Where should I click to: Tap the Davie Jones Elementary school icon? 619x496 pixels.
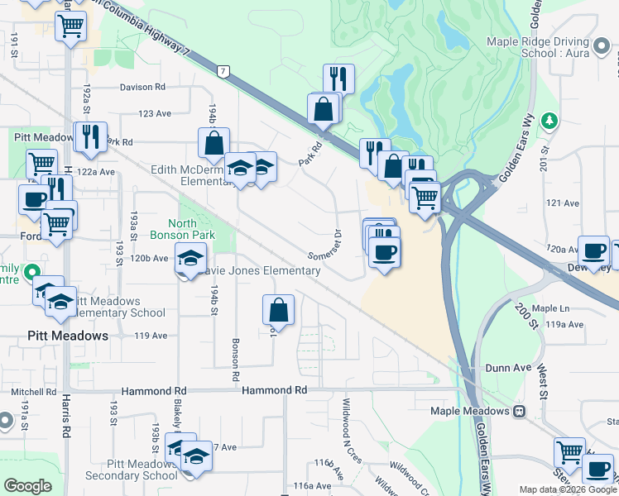click(190, 260)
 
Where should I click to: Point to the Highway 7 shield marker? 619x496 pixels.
click(223, 72)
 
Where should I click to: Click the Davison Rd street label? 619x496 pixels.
click(142, 87)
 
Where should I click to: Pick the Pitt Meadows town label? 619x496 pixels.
click(68, 336)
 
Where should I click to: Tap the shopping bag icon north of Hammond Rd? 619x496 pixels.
click(279, 311)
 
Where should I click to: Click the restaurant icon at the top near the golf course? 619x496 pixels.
click(338, 79)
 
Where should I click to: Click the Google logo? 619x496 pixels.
click(28, 486)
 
